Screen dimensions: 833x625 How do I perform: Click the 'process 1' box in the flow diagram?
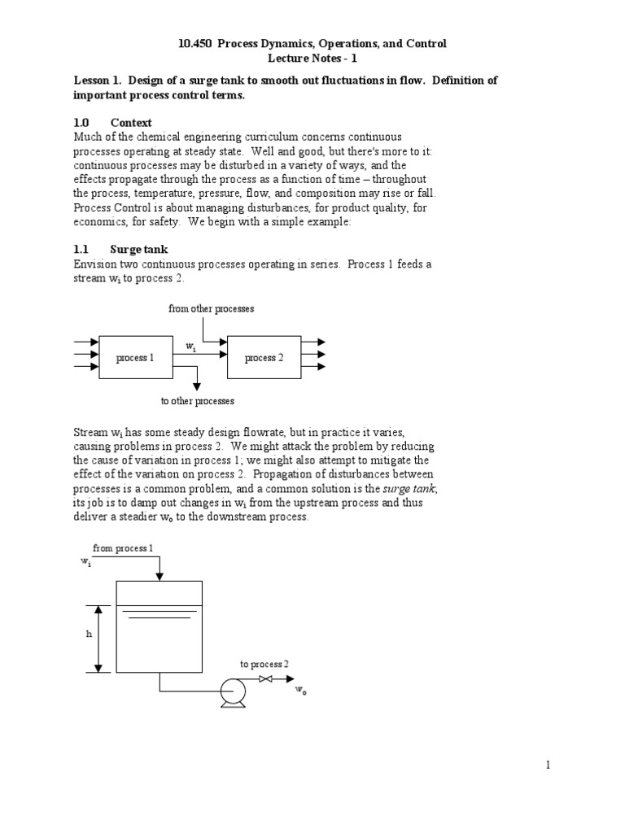tap(135, 358)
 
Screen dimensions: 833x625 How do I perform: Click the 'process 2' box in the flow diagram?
tap(264, 358)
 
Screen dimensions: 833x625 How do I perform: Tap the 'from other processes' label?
tap(211, 309)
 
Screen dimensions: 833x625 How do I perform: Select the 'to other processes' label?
tap(198, 401)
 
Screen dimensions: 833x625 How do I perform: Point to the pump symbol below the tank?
tap(234, 691)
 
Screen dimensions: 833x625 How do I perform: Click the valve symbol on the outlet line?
tap(264, 678)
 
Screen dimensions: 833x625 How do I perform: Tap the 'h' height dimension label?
tap(90, 635)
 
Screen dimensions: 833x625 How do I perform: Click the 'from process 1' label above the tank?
tap(122, 548)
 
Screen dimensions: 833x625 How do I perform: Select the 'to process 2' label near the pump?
tap(264, 664)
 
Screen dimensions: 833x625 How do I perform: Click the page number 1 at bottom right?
tap(549, 765)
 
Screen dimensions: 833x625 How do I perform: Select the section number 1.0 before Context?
tap(81, 122)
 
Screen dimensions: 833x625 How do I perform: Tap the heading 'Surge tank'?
tap(139, 249)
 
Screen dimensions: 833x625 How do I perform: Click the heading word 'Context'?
tap(133, 122)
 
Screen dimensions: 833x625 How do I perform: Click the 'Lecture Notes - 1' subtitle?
tap(312, 59)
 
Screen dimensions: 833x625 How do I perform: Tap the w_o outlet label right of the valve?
tap(300, 691)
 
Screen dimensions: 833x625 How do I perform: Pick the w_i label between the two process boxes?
tap(190, 347)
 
